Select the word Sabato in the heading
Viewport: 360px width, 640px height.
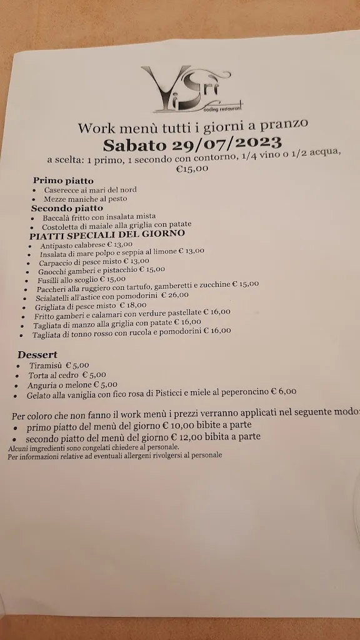[x=136, y=146]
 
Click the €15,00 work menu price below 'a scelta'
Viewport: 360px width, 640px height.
[x=192, y=168]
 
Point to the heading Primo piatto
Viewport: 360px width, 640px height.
[x=63, y=181]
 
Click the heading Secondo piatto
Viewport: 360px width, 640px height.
[x=67, y=207]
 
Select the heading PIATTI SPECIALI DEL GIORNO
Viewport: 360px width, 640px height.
[x=107, y=234]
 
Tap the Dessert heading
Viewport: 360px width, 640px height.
[x=37, y=355]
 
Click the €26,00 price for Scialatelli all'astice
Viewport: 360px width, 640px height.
[x=175, y=295]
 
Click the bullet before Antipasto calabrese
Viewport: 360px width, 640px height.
[x=29, y=246]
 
